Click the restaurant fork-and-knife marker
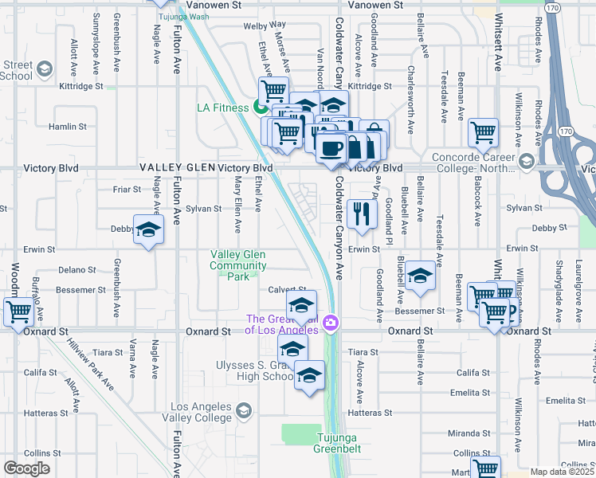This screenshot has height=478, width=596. click(x=363, y=214)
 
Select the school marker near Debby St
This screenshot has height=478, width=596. click(x=147, y=231)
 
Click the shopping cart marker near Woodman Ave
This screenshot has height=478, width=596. click(x=18, y=311)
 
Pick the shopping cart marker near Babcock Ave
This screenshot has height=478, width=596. click(x=483, y=133)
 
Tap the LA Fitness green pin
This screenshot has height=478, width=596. click(x=260, y=108)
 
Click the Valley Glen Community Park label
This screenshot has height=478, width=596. click(x=238, y=265)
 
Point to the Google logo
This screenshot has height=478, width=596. click(x=26, y=468)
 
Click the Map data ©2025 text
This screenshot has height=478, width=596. click(x=562, y=472)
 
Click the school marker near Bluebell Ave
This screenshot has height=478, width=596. click(x=420, y=276)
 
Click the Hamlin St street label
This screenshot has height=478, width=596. click(x=67, y=127)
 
